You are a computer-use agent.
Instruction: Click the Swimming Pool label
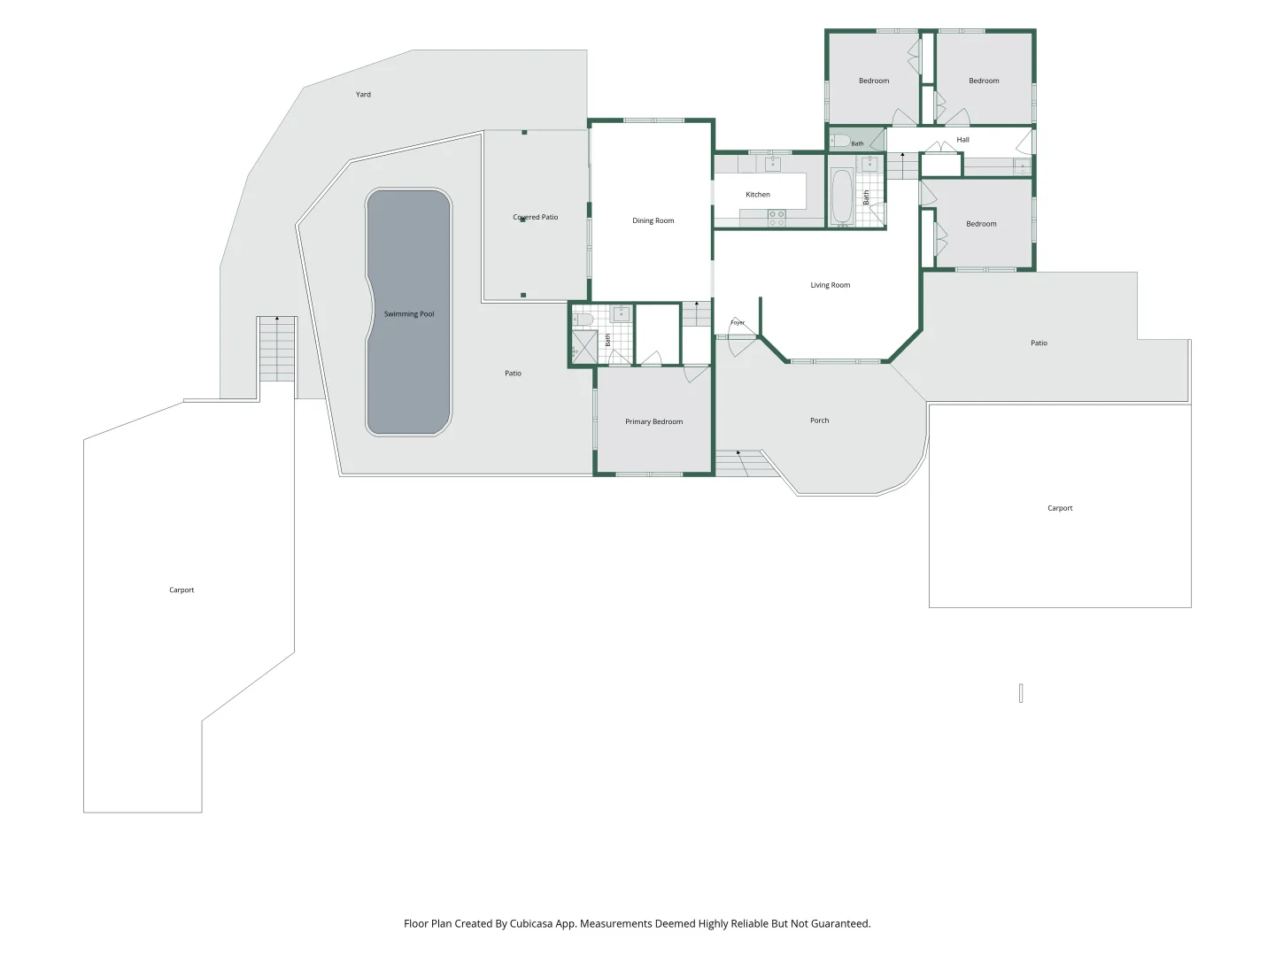coord(409,314)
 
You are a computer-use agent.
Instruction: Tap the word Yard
coord(363,94)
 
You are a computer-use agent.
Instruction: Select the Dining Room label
coord(653,220)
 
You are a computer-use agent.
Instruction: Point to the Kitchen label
coord(757,195)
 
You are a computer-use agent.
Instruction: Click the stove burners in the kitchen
coord(777,219)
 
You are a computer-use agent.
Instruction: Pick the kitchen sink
coord(773,164)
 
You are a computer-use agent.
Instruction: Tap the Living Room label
coord(830,285)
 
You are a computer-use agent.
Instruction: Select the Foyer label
coord(738,323)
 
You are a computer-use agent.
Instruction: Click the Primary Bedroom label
coord(653,421)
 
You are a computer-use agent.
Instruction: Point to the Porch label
coord(819,420)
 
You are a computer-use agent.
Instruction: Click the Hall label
coord(962,139)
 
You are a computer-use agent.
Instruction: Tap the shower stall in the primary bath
coord(584,347)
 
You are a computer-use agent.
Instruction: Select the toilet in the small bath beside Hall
coord(839,141)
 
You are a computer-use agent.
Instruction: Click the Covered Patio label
coord(535,217)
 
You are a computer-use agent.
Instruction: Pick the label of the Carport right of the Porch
coord(1060,508)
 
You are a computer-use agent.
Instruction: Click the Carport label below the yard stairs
coord(182,590)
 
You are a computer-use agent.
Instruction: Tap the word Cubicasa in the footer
coord(531,923)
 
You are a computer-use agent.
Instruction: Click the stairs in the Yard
coord(277,349)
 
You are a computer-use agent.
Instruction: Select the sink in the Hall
coord(1023,167)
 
